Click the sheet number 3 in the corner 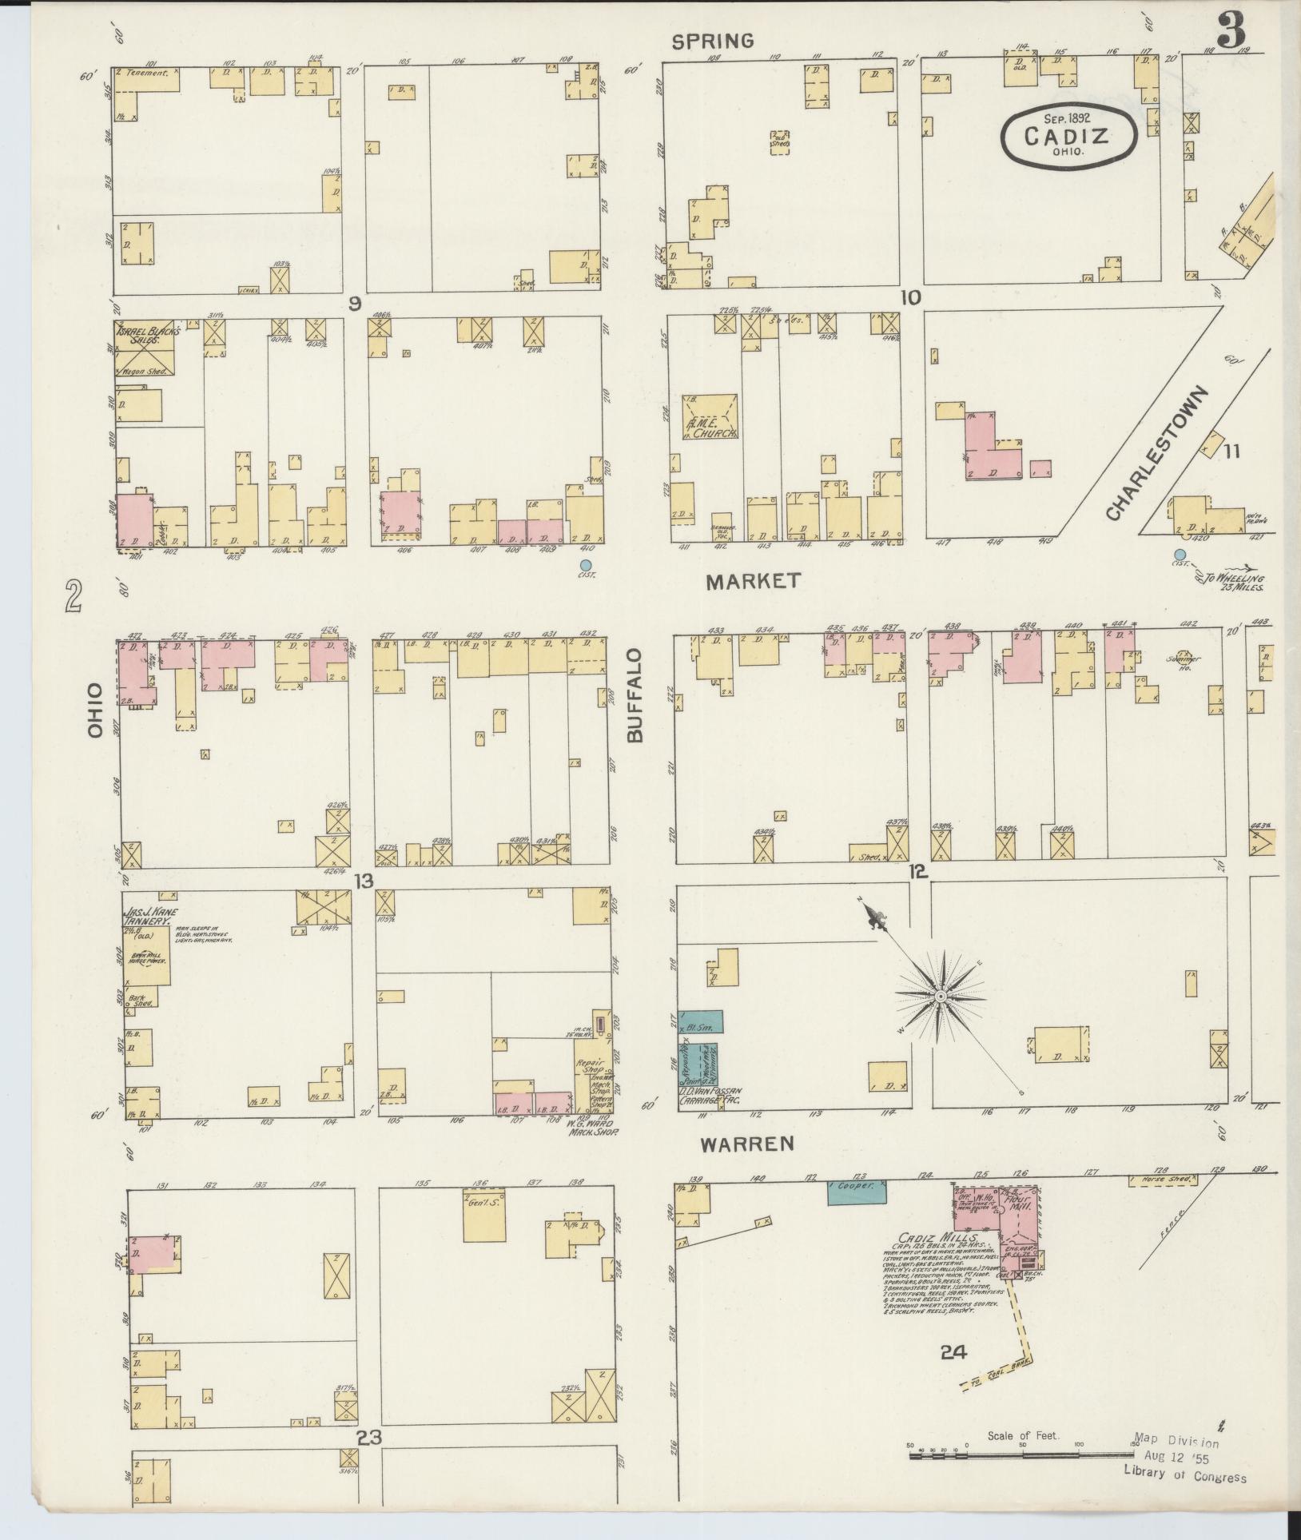pyautogui.click(x=1231, y=33)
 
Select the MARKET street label pyautogui.click(x=753, y=582)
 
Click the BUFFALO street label pyautogui.click(x=635, y=696)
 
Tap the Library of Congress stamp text pyautogui.click(x=1184, y=1478)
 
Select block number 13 pyautogui.click(x=364, y=881)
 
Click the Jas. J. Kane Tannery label pyautogui.click(x=147, y=917)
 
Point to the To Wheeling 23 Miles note pyautogui.click(x=1237, y=583)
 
